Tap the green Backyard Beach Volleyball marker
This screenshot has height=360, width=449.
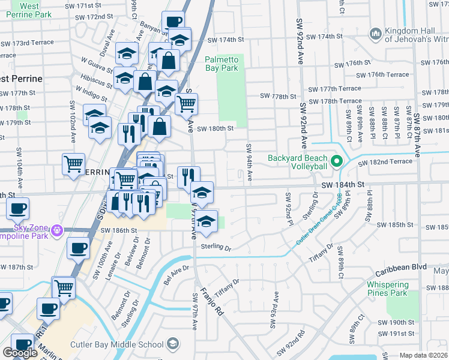[337, 160]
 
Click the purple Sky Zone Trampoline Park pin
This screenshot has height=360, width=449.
[57, 229]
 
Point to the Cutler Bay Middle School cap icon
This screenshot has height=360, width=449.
[173, 344]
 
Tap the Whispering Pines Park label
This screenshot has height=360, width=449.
[387, 289]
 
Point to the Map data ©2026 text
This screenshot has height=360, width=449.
[423, 355]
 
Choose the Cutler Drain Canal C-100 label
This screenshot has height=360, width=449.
[318, 220]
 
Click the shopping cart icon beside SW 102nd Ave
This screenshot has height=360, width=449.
[73, 163]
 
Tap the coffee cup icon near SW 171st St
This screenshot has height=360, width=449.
[173, 22]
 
